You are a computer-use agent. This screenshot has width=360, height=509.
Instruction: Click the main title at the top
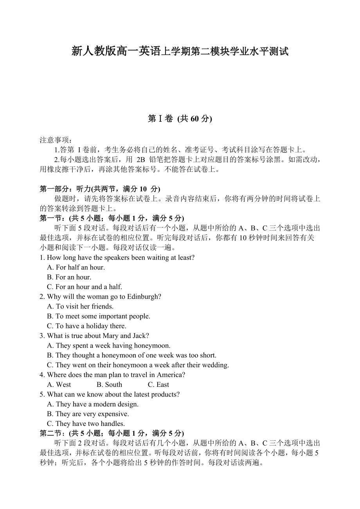point(180,51)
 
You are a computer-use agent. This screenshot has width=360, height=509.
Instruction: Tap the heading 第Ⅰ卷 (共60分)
point(180,119)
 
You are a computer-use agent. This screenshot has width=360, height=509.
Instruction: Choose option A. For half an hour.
point(76,267)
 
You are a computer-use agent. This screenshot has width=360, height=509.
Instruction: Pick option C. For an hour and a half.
point(85,287)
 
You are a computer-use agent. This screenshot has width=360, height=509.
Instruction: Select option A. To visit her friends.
point(80,307)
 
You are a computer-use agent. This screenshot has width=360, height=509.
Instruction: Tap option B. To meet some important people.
point(99,316)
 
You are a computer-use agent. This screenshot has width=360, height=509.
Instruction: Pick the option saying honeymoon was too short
point(131,356)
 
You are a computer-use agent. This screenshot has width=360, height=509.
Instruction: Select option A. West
point(59,385)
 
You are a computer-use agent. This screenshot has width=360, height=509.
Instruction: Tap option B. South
point(109,385)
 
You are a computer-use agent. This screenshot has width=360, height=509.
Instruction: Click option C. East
point(158,385)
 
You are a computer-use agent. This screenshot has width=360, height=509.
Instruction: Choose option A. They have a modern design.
point(93,404)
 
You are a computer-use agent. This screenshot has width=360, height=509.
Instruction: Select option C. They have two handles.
point(86,424)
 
